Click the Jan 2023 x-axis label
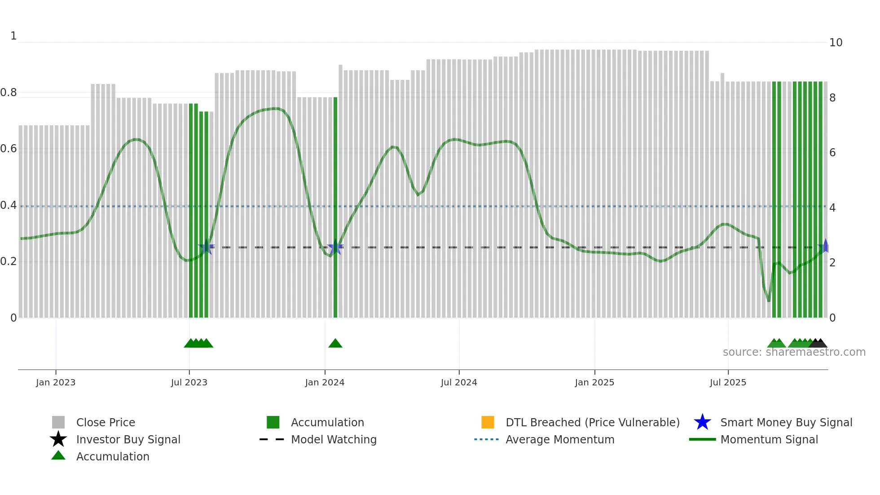coord(56,382)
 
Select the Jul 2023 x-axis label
coord(189,382)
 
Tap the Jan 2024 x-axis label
coord(325,382)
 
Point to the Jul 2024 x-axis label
coord(459,382)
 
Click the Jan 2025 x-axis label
coord(594,382)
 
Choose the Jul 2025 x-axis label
coord(728,382)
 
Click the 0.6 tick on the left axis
coord(9,149)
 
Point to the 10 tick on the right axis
coord(836,43)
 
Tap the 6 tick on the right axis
coord(832,153)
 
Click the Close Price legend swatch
coord(58,422)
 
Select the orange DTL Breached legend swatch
coord(488,422)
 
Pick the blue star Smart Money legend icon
coord(702,422)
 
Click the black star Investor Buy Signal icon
coord(58,439)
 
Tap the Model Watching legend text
coord(334,439)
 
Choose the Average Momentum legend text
coord(560,439)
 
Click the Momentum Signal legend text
coord(769,439)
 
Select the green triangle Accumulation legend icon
coord(58,455)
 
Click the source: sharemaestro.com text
coord(794,352)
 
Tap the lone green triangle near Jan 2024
coord(335,344)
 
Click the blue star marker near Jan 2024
coord(335,247)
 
